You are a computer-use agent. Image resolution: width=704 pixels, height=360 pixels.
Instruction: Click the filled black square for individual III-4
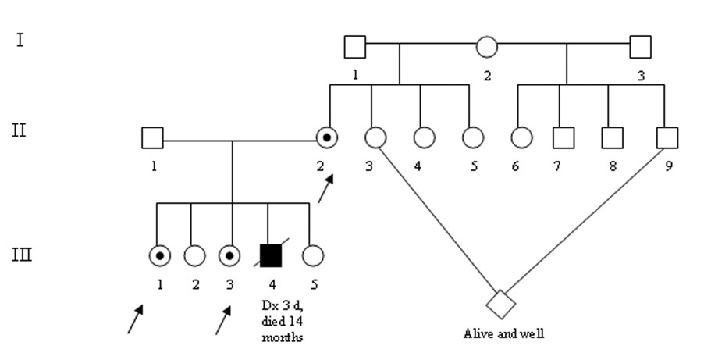click(x=270, y=255)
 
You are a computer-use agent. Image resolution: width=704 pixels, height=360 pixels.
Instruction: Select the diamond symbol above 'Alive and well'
click(x=500, y=302)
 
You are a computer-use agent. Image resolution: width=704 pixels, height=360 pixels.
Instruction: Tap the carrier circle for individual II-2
click(x=328, y=138)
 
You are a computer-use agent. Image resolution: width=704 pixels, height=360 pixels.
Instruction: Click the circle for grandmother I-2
click(x=486, y=47)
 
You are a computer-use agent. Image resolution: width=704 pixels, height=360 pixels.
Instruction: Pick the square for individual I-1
click(x=354, y=47)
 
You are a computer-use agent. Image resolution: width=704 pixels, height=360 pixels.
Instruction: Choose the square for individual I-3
click(x=640, y=47)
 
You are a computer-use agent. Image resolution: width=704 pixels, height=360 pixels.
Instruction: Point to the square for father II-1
click(x=152, y=138)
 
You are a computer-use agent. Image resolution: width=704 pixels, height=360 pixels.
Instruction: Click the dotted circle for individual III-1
click(x=159, y=255)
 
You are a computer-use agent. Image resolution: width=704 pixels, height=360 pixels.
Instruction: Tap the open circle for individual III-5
click(x=312, y=255)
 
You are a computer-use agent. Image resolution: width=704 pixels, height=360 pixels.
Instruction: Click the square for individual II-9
click(x=666, y=138)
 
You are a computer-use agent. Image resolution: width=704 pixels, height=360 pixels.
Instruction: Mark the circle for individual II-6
click(x=521, y=138)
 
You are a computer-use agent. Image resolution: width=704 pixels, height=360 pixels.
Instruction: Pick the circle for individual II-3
click(x=375, y=138)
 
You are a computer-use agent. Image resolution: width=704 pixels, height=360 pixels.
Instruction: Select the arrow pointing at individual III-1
click(x=136, y=319)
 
